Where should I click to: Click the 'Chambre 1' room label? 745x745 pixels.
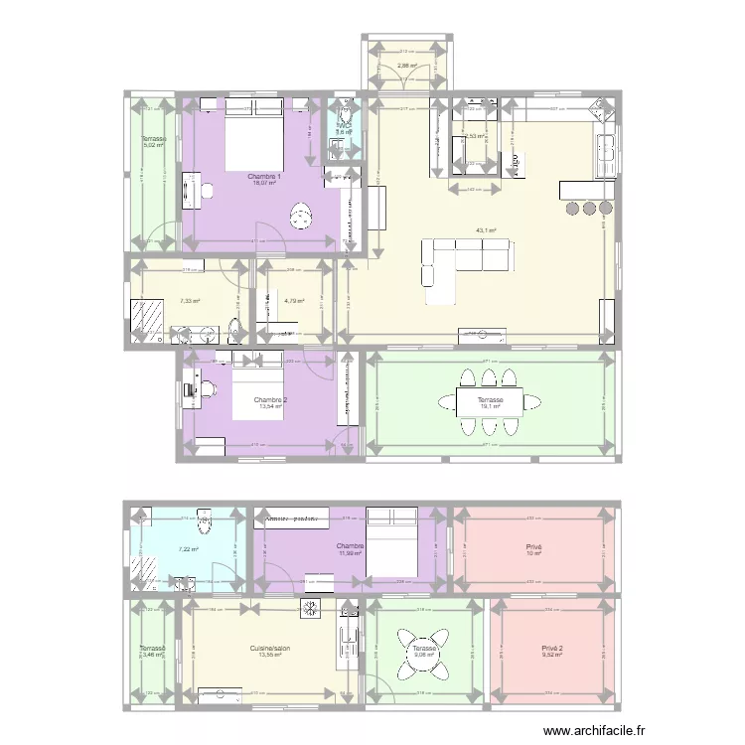coord(265,176)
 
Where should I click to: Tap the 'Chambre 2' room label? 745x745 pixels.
coord(270,400)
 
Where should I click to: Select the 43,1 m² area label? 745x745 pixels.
coord(486,230)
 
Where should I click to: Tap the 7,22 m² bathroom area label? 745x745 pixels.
coord(188,549)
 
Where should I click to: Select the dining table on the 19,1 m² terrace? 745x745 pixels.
coord(490,401)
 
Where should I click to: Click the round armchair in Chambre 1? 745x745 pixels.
coord(301,214)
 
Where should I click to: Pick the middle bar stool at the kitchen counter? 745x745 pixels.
coord(588,209)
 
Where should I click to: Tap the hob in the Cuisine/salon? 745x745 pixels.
coord(311,609)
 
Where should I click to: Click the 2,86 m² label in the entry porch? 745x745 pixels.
coord(407,67)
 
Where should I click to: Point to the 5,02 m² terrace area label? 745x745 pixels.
coord(152,145)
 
